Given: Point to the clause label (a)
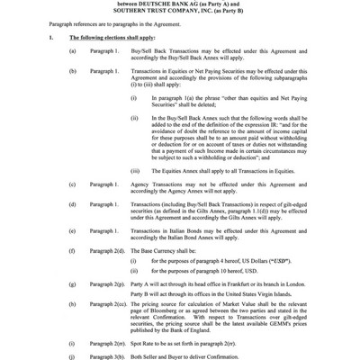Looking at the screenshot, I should (x=72, y=55).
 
